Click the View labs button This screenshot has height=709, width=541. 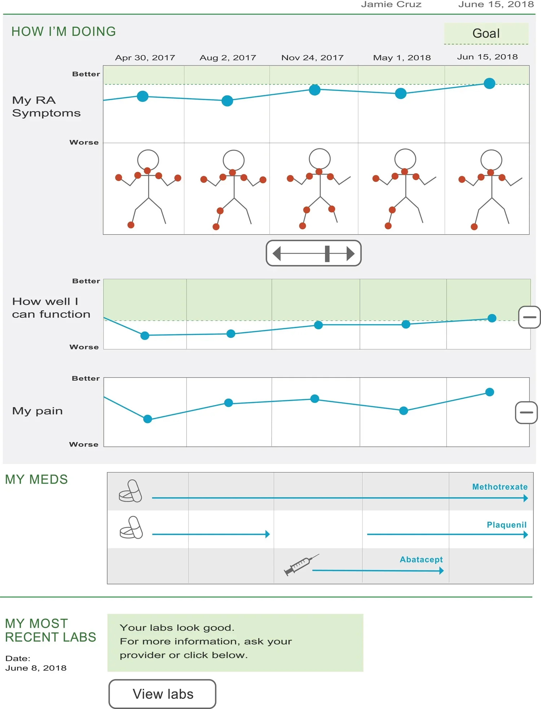point(163,694)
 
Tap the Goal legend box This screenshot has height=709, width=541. point(486,34)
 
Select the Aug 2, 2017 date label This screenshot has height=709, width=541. point(228,58)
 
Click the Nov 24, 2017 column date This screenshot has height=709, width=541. point(312,58)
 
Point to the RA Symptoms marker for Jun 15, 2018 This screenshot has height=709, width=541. point(489,83)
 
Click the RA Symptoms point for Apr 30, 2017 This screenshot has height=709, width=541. point(143,96)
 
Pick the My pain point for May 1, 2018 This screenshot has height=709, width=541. point(404,410)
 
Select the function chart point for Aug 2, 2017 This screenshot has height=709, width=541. point(231,334)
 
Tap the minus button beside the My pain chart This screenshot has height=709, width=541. point(526,412)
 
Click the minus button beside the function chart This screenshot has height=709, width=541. point(529,317)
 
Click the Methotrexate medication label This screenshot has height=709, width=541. point(500,487)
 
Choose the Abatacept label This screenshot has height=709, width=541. point(421,560)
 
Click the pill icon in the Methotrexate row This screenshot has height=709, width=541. point(130,491)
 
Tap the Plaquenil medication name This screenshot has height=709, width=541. point(506,525)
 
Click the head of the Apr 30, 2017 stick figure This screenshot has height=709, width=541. point(148,160)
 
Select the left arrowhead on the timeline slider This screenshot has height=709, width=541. point(277,253)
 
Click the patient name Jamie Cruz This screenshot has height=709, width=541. point(391,5)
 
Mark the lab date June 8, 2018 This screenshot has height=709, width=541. point(36,668)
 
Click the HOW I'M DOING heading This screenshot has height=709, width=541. point(63,32)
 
